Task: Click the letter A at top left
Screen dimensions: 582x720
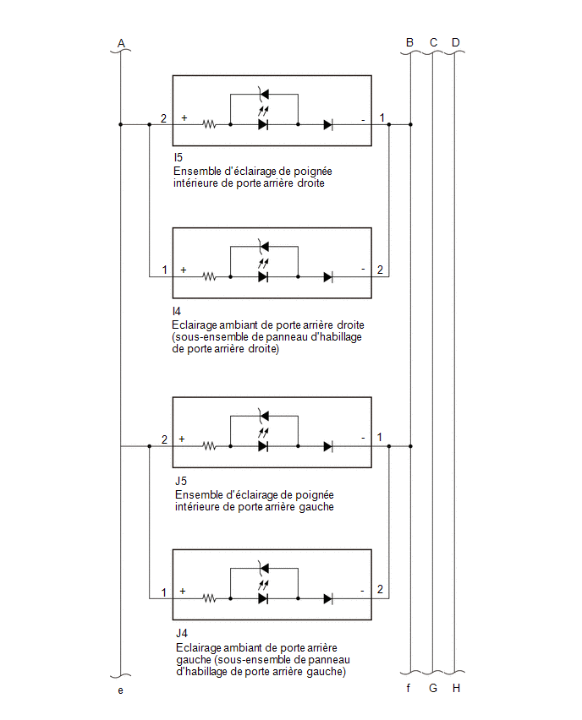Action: pyautogui.click(x=121, y=43)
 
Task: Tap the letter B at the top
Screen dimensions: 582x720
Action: pyautogui.click(x=409, y=43)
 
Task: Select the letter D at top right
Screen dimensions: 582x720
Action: pyautogui.click(x=456, y=43)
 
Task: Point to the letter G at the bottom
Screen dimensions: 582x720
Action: pyautogui.click(x=433, y=688)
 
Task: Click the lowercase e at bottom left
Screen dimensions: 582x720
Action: pyautogui.click(x=120, y=690)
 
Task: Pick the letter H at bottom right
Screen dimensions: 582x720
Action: pyautogui.click(x=456, y=688)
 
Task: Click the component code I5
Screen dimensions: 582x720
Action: pyautogui.click(x=178, y=157)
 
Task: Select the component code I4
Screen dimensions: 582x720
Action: pyautogui.click(x=177, y=311)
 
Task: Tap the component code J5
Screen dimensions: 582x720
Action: pyautogui.click(x=181, y=481)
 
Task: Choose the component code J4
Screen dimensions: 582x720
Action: pyautogui.click(x=182, y=633)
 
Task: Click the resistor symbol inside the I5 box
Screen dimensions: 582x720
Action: pyautogui.click(x=209, y=124)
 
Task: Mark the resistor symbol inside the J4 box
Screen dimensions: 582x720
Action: pyautogui.click(x=209, y=599)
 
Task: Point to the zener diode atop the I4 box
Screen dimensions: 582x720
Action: pyautogui.click(x=263, y=247)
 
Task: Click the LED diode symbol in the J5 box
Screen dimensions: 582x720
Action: pyautogui.click(x=263, y=446)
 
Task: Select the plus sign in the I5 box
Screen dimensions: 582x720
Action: pyautogui.click(x=184, y=118)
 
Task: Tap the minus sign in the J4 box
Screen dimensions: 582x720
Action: pyautogui.click(x=363, y=591)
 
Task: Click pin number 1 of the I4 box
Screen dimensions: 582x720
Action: pyautogui.click(x=165, y=270)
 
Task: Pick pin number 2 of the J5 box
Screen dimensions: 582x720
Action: pyautogui.click(x=164, y=439)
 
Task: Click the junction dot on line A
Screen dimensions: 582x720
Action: pyautogui.click(x=121, y=124)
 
